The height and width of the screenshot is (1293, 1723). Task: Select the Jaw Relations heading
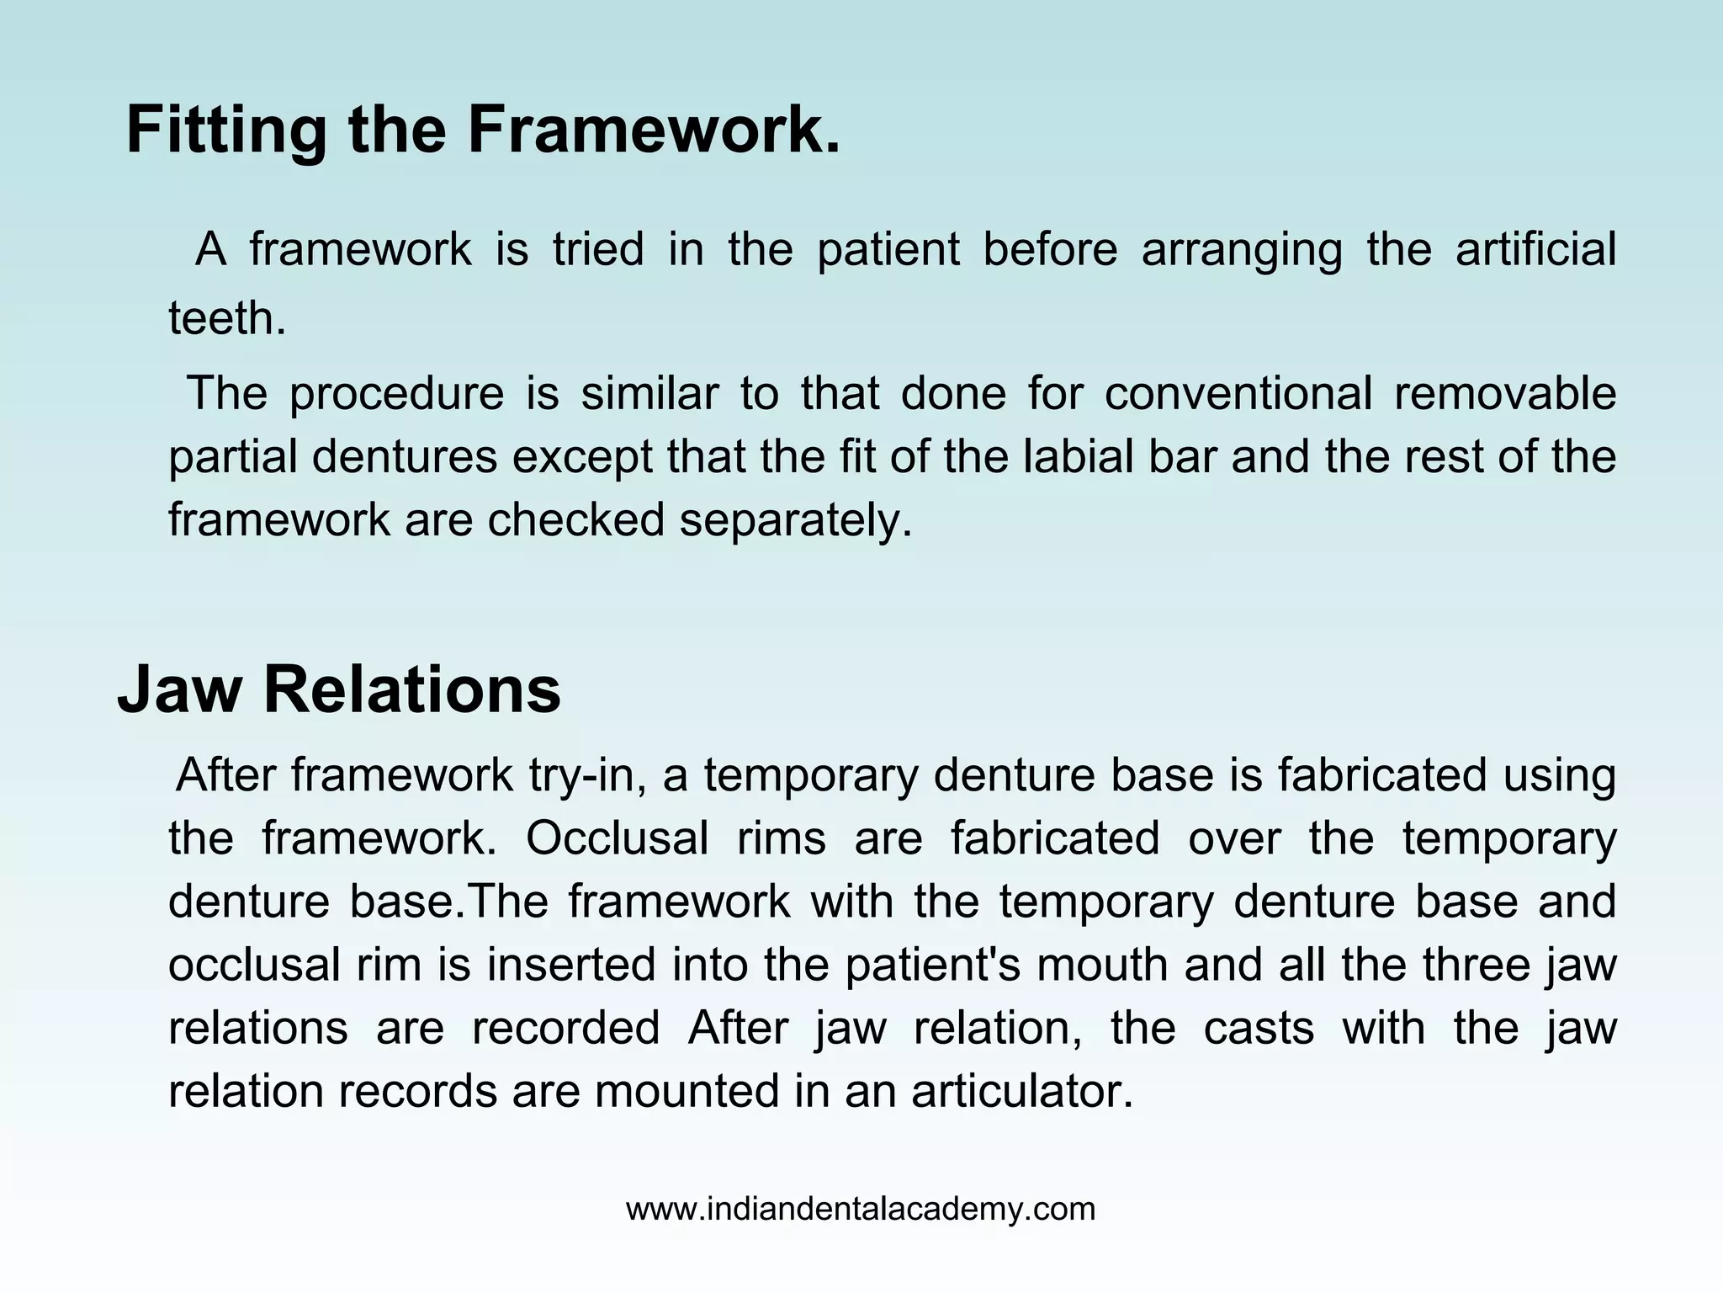[338, 689]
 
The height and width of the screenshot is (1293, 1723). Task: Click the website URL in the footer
[861, 1209]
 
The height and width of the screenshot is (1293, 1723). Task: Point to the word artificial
[1535, 249]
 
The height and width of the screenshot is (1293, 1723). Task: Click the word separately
[796, 519]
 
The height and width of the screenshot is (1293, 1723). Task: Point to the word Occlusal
[617, 838]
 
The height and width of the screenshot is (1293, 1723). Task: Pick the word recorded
[565, 1028]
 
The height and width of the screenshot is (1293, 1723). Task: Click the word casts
[1259, 1028]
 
